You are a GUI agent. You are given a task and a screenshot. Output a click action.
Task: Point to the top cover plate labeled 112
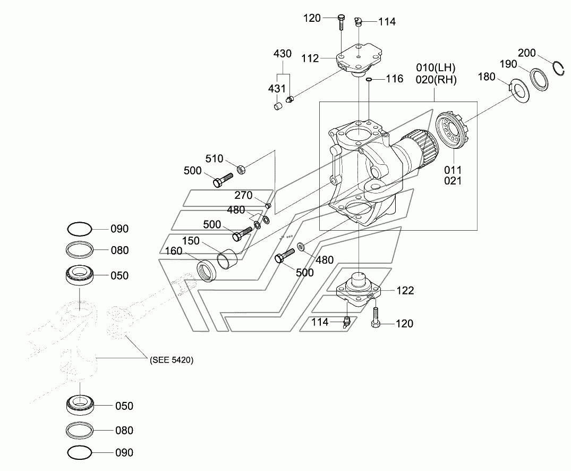[359, 60]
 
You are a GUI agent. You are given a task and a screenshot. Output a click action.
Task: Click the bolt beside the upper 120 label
[341, 22]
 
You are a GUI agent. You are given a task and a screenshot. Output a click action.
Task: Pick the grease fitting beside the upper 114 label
[359, 22]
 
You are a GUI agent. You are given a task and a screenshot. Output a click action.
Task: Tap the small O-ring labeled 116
[369, 79]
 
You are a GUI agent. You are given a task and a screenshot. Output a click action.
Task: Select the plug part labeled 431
[278, 106]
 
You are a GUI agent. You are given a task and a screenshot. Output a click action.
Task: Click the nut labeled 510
[241, 169]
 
